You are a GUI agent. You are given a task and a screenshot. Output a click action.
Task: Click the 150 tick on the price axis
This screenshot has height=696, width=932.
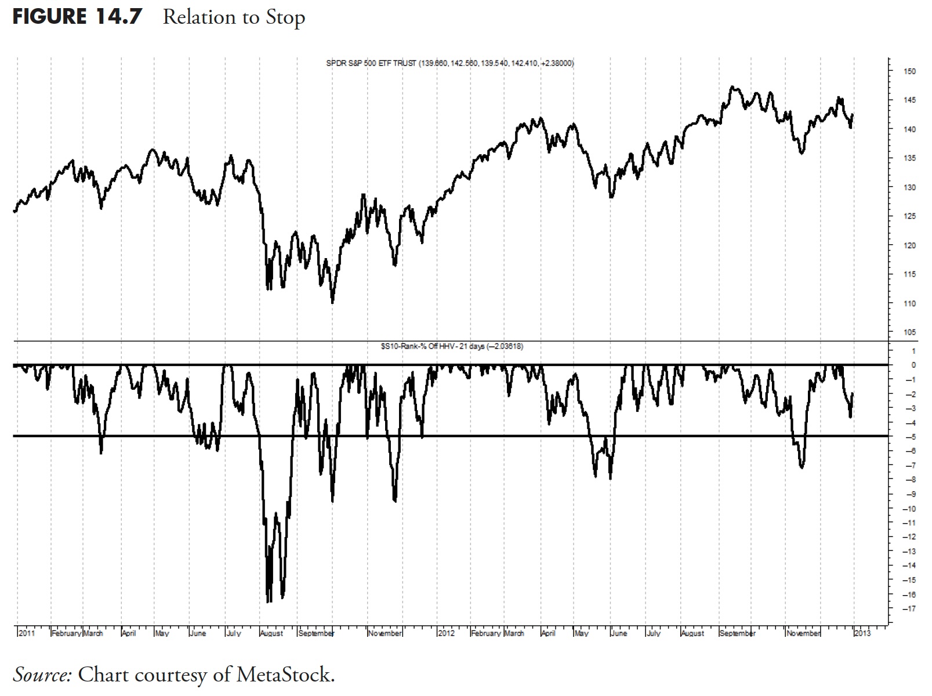[909, 71]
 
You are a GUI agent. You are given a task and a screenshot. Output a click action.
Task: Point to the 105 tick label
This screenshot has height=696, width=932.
[909, 332]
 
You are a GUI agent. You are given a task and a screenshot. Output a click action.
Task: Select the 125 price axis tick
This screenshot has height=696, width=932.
[909, 216]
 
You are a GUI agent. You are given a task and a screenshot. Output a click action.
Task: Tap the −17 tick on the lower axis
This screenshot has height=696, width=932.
[909, 608]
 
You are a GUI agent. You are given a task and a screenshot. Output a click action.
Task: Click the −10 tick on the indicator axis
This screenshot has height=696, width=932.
[909, 509]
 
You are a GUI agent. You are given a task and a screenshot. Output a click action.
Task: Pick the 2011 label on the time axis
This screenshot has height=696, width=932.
[27, 633]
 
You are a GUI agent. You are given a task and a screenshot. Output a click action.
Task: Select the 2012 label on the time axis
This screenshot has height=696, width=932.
[446, 633]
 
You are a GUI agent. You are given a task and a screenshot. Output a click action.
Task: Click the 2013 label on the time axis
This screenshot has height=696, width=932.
[862, 633]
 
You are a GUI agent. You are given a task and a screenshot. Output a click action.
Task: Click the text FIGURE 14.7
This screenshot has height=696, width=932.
[77, 16]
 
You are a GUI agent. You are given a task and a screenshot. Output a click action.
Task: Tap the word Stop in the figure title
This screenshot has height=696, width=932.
[285, 17]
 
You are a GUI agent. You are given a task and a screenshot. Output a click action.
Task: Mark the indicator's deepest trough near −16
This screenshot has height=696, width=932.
[268, 601]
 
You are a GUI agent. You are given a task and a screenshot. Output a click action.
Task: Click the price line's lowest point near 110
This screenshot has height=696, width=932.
[332, 302]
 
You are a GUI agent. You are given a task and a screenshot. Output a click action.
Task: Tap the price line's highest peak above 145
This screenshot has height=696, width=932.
[733, 87]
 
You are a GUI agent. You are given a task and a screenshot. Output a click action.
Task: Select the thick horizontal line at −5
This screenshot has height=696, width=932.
[464, 436]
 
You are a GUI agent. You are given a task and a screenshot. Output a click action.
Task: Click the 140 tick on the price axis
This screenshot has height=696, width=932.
[909, 129]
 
